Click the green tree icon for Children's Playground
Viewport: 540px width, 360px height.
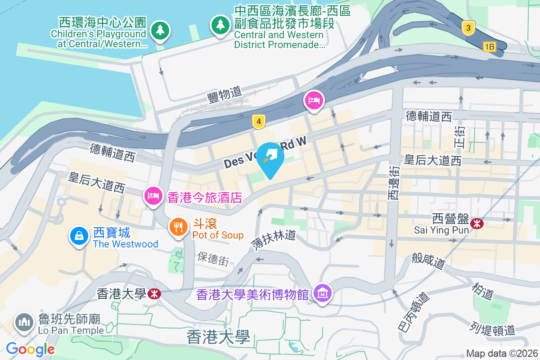tap(160, 31)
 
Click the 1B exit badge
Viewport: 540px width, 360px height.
tap(490, 46)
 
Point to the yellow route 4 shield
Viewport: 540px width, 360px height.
tap(258, 121)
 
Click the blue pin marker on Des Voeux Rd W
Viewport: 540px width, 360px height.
tap(270, 158)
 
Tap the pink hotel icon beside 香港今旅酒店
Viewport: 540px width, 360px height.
tap(153, 195)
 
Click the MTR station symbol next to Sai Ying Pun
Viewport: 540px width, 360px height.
tap(476, 223)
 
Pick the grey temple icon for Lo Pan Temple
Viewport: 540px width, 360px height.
tap(24, 322)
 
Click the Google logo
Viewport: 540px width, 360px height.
tap(30, 349)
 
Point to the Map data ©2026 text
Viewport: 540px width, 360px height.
tap(502, 353)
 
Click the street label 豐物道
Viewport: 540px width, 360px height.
tap(225, 94)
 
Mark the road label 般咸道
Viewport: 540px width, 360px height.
tap(427, 261)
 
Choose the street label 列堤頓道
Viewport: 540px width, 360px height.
tap(492, 329)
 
